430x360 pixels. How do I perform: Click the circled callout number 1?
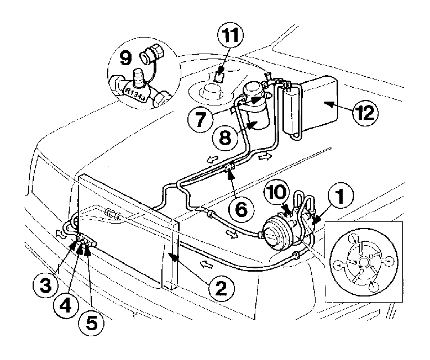pyautogui.click(x=340, y=195)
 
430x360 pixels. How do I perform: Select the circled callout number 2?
pyautogui.click(x=221, y=288)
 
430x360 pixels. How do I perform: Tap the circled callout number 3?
pyautogui.click(x=45, y=285)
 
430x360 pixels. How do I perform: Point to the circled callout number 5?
pyautogui.click(x=91, y=324)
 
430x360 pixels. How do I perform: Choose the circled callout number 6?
pyautogui.click(x=241, y=209)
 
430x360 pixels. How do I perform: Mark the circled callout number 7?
pyautogui.click(x=201, y=120)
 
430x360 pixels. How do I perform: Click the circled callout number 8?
pyautogui.click(x=225, y=136)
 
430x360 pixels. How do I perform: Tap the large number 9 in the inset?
pyautogui.click(x=125, y=58)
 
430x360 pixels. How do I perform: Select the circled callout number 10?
pyautogui.click(x=277, y=192)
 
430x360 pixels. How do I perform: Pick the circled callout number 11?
pyautogui.click(x=230, y=36)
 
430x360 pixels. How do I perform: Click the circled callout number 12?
pyautogui.click(x=365, y=112)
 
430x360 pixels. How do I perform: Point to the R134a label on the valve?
pyautogui.click(x=135, y=93)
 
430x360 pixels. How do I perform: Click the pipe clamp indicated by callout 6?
pyautogui.click(x=230, y=168)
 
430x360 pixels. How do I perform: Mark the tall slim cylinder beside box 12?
pyautogui.click(x=291, y=112)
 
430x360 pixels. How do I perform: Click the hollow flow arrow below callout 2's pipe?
pyautogui.click(x=207, y=264)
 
